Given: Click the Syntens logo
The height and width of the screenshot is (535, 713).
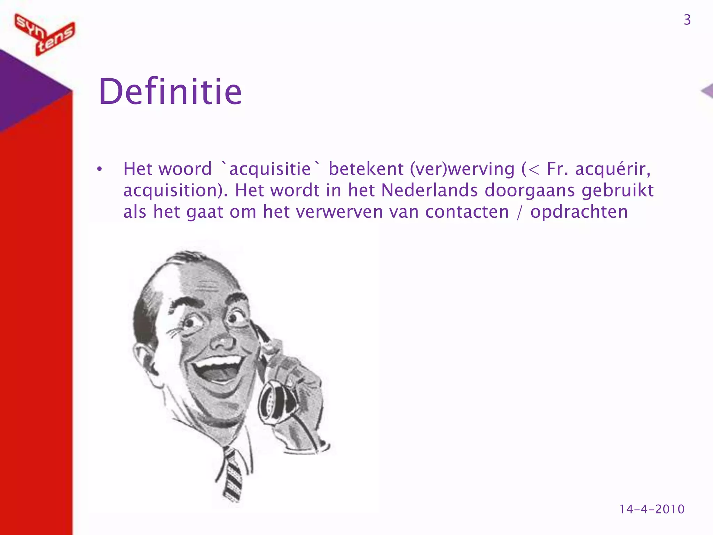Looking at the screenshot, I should pos(45,34).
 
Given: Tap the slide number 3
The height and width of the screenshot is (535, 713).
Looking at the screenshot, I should pos(687,20).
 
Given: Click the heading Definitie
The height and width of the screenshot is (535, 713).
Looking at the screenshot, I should pos(170,92).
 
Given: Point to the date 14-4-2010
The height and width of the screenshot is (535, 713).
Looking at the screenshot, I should pos(652,509).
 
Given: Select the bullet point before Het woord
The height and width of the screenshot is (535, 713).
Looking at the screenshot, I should pos(100,170).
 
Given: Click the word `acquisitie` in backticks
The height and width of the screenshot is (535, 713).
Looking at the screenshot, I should pos(270,169).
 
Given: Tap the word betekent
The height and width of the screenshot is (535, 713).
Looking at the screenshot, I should pos(366,169).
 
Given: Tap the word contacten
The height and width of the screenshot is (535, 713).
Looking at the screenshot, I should pos(467,212).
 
